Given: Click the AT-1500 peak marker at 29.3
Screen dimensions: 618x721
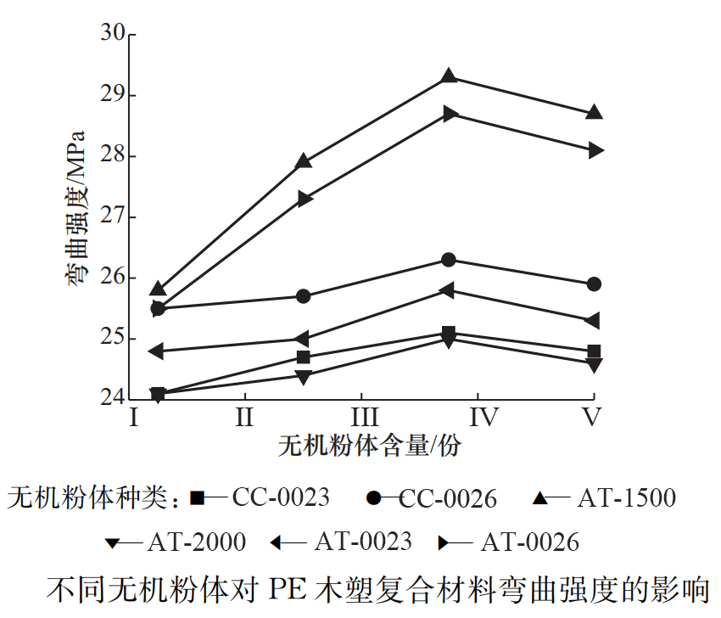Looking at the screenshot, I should tap(449, 76).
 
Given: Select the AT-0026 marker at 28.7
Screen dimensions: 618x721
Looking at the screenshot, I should tap(450, 113).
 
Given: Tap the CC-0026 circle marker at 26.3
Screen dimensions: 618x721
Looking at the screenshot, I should tap(449, 259).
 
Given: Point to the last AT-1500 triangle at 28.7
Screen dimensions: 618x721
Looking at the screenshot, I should tap(594, 112).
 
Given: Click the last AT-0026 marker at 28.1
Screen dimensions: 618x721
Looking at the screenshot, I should tap(595, 149).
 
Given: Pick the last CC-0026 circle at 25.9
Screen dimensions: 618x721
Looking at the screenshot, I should tap(594, 284).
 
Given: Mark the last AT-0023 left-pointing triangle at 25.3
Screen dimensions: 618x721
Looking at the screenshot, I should tap(593, 320).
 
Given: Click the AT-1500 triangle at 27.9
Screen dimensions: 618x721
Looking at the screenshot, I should tap(304, 161).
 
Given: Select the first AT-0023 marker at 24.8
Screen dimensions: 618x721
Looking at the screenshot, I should tap(157, 351).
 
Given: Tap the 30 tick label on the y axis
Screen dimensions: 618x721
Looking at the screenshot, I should tap(113, 33).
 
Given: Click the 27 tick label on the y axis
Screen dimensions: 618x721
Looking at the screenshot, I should tap(113, 216).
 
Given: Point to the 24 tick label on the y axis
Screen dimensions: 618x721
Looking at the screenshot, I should tap(113, 397).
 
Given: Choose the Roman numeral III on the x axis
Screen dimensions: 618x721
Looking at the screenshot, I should tap(364, 419).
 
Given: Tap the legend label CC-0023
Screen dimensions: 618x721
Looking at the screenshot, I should tap(281, 497).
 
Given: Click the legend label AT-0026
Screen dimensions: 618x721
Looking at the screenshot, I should tap(529, 542).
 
